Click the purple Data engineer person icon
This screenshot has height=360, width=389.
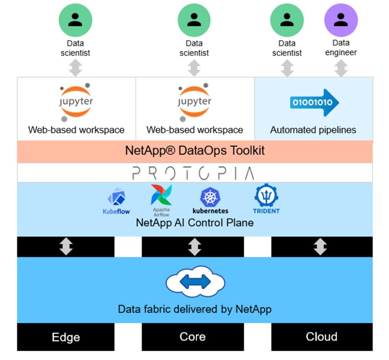(341, 20)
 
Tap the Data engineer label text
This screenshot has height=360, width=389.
(341, 47)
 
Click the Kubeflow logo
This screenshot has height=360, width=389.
(116, 201)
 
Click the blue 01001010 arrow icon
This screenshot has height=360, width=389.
(314, 102)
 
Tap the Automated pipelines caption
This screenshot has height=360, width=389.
(313, 130)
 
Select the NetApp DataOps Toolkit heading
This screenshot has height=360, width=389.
(195, 151)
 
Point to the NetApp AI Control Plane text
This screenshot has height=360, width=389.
(195, 222)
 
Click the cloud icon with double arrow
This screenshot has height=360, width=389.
(194, 283)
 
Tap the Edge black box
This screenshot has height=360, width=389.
(66, 337)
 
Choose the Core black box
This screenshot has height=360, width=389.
(193, 337)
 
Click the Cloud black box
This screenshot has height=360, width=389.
(321, 337)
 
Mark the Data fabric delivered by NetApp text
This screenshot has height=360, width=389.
(194, 310)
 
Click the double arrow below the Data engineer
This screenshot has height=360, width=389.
(341, 68)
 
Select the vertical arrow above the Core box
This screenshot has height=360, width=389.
(194, 247)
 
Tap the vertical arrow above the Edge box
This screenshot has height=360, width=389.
(66, 247)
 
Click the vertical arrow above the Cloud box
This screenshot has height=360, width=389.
(321, 247)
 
